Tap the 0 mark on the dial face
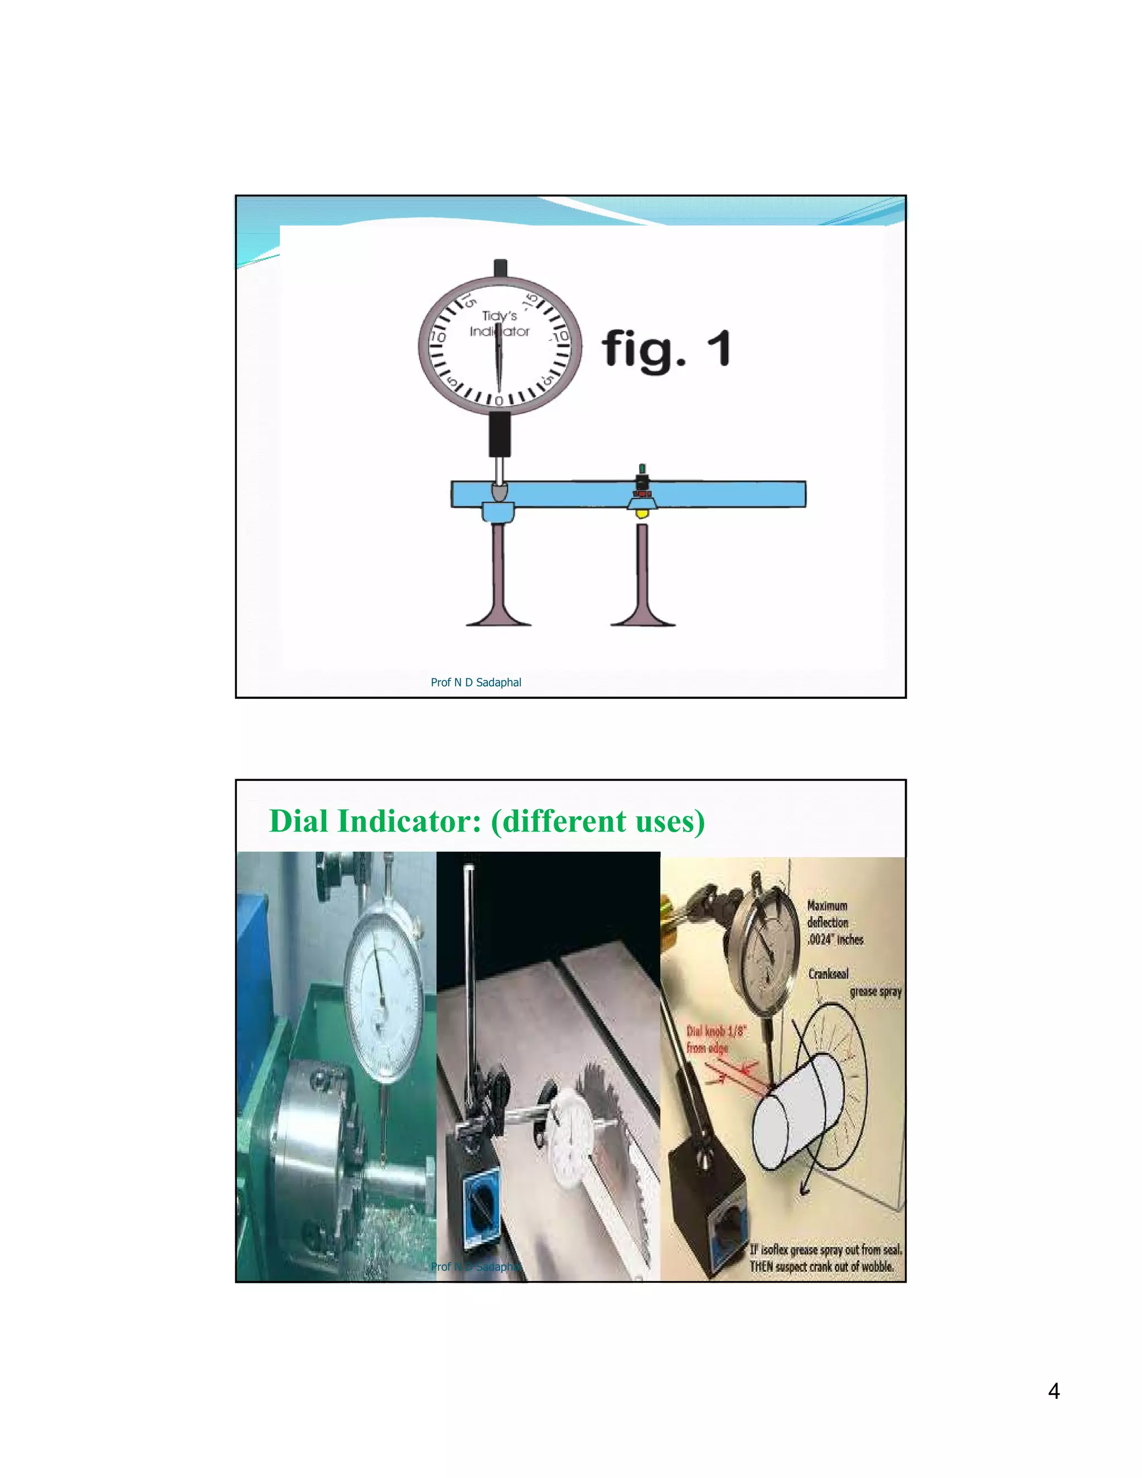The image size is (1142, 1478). tap(499, 400)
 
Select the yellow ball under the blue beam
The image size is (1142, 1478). tap(641, 514)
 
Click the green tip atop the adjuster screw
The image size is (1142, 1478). tap(642, 468)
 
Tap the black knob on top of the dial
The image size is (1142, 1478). tap(500, 267)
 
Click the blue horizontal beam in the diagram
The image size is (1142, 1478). tap(724, 494)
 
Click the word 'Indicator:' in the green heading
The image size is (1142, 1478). tap(409, 821)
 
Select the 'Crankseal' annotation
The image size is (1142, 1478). tap(828, 974)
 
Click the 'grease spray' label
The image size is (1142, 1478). tap(875, 992)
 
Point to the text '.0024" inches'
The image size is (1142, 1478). tap(835, 940)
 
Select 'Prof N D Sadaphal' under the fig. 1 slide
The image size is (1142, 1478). tap(476, 682)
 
